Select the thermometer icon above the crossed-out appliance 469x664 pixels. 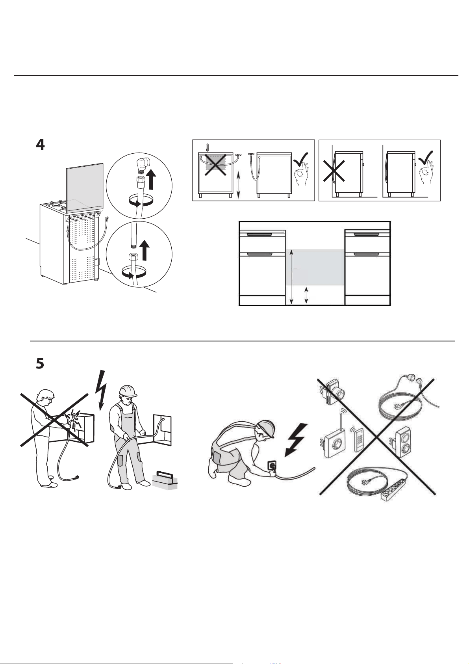(x=208, y=148)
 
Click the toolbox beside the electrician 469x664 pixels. (x=165, y=479)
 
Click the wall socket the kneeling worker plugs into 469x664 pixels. (x=272, y=465)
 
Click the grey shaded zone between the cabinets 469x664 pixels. (x=315, y=268)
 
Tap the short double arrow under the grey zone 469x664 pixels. (x=306, y=296)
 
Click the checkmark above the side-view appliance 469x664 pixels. (x=426, y=157)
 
